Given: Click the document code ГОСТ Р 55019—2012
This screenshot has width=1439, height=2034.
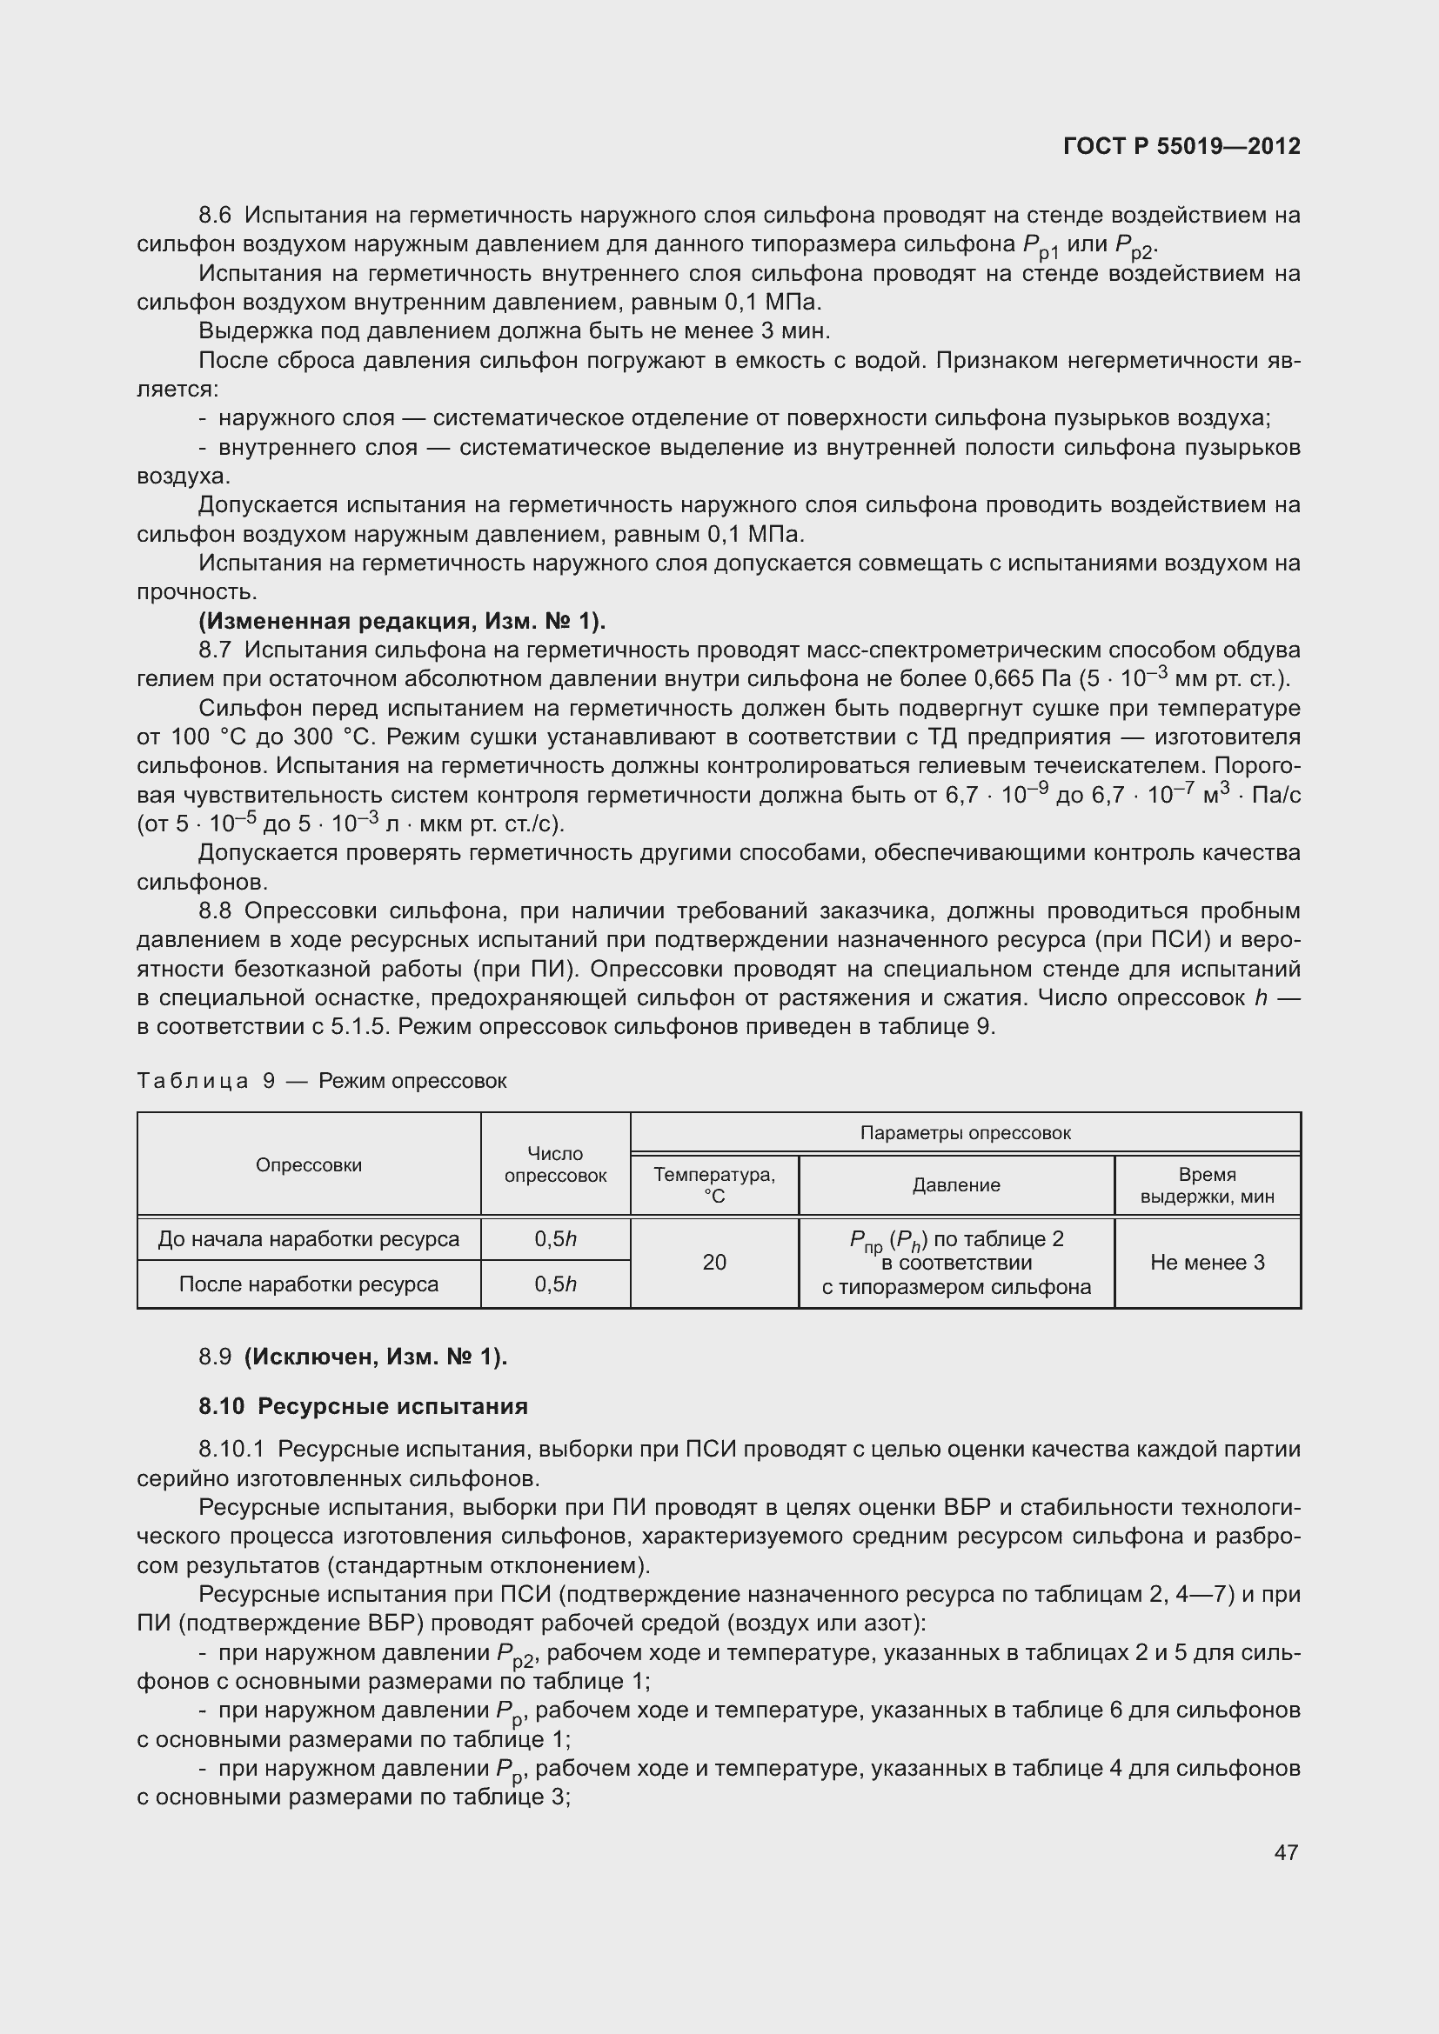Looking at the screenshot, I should (x=1181, y=146).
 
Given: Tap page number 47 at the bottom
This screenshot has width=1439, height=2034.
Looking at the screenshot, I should (x=1286, y=1851).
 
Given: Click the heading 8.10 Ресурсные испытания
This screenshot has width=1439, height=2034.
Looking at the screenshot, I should (x=363, y=1406).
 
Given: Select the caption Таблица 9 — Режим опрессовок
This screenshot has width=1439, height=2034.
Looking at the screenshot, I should (x=322, y=1081).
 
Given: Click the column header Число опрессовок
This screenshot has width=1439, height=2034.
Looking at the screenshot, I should (x=555, y=1164).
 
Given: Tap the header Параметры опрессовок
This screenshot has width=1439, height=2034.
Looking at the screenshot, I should (x=965, y=1133).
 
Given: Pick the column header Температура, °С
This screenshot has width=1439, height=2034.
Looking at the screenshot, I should (x=714, y=1184).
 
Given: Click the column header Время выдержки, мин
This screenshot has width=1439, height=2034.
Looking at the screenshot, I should (x=1207, y=1184).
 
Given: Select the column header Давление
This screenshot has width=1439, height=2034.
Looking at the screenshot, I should (x=956, y=1185).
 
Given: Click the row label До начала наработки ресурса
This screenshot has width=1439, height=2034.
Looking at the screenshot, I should (x=308, y=1238).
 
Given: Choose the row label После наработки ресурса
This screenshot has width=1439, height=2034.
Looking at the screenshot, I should (x=308, y=1284).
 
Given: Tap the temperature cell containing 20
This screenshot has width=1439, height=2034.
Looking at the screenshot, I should (x=714, y=1262).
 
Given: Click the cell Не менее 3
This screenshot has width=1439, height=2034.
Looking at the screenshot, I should (x=1207, y=1262).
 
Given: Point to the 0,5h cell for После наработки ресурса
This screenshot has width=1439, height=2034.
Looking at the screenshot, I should (x=555, y=1284).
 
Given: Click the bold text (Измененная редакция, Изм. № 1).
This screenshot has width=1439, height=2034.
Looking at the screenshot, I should (x=402, y=621).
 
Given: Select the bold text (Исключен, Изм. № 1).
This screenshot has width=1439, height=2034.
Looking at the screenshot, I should (x=376, y=1357).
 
